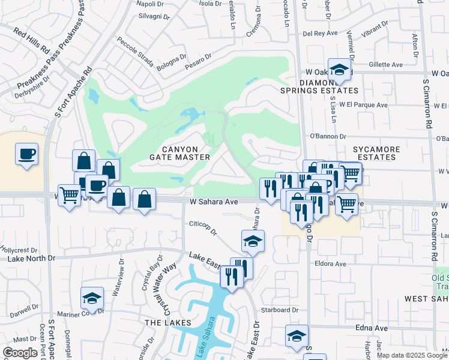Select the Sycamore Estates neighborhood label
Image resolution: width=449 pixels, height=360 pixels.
pyautogui.click(x=374, y=152)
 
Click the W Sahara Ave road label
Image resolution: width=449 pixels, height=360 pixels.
pyautogui.click(x=214, y=202)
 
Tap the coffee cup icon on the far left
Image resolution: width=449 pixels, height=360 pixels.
pyautogui.click(x=26, y=154)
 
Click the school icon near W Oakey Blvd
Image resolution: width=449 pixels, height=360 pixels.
pyautogui.click(x=339, y=70)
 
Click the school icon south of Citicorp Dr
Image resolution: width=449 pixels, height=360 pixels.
pyautogui.click(x=253, y=242)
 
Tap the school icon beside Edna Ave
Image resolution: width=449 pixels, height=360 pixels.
pyautogui.click(x=296, y=337)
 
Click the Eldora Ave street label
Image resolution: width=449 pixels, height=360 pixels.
pyautogui.click(x=330, y=263)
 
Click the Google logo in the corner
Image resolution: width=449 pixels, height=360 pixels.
pyautogui.click(x=20, y=353)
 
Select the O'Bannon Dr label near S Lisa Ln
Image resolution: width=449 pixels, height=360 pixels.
pyautogui.click(x=327, y=136)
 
